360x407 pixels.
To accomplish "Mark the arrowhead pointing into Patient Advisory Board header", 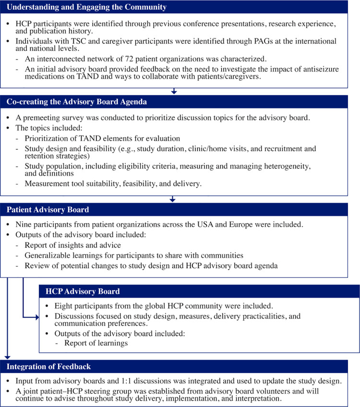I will pos(173,199).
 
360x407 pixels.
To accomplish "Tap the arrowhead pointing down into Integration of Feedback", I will pos(8,357).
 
